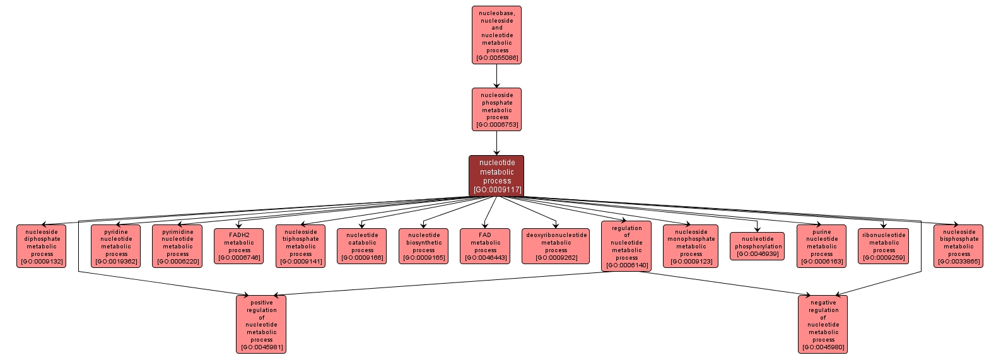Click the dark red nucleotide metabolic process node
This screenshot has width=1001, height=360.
(496, 176)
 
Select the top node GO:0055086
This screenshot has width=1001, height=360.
(497, 35)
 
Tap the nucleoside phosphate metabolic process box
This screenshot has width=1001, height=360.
(497, 110)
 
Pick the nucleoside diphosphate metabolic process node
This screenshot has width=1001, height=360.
(42, 247)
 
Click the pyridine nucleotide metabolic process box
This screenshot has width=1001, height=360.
(116, 247)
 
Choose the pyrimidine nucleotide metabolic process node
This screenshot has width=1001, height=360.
(177, 247)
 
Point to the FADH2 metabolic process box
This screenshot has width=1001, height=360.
(239, 247)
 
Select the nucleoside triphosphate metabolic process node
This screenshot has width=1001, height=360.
(301, 247)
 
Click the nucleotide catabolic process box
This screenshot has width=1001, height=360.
(362, 247)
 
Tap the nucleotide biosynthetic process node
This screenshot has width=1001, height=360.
(424, 247)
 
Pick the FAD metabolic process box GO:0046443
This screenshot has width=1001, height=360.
(485, 247)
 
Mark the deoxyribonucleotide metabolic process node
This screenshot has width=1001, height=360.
(556, 247)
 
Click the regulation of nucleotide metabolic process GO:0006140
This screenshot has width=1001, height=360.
(626, 247)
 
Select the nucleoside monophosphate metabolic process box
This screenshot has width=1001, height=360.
(691, 247)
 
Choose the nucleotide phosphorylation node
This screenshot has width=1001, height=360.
(758, 247)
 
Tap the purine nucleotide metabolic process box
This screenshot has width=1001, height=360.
(821, 247)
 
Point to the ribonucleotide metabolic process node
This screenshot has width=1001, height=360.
(884, 247)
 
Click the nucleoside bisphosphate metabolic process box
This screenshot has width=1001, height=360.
(959, 247)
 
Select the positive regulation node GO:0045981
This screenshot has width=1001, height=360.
(261, 325)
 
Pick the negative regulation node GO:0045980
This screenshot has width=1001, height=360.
(823, 325)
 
